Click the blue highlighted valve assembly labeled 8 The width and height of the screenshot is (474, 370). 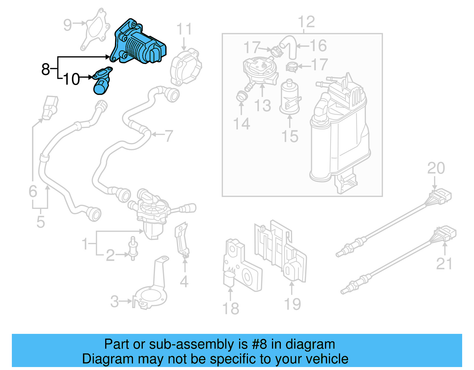139,44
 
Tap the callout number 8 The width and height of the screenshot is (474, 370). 45,69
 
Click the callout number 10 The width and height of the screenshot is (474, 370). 71,79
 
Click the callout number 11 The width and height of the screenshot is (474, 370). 184,29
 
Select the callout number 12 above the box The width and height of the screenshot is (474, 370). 306,22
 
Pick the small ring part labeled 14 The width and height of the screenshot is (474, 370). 241,97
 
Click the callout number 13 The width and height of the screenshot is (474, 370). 262,106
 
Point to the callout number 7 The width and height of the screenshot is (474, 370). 169,136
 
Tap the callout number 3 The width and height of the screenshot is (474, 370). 114,302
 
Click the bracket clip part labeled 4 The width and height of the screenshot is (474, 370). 182,240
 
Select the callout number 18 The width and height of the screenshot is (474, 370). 231,308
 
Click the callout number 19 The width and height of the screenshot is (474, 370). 292,304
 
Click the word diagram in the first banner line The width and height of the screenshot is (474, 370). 310,344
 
